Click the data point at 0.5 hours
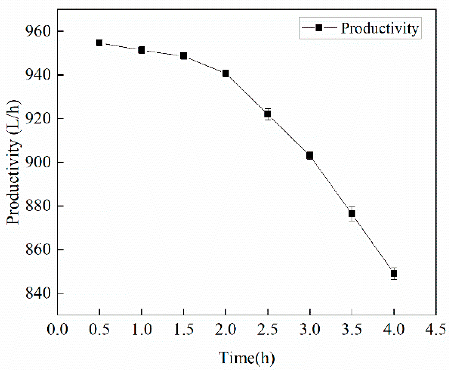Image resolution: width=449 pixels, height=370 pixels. (x=99, y=43)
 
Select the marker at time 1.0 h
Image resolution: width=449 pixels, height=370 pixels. (x=141, y=50)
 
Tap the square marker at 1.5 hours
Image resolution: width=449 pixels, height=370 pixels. (x=184, y=56)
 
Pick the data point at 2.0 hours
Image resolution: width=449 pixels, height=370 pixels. (x=226, y=73)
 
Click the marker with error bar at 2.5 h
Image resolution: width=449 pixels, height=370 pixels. (x=267, y=114)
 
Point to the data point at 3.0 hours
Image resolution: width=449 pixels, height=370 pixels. (x=310, y=156)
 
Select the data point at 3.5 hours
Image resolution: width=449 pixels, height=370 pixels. (x=352, y=214)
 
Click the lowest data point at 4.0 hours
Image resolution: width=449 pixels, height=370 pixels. (x=394, y=274)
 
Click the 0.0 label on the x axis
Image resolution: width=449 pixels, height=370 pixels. (x=57, y=330)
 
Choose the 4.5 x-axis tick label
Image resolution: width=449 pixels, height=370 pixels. (x=435, y=330)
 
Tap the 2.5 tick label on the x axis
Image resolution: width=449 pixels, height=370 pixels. (x=267, y=330)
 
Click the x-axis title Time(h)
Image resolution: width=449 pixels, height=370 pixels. (x=246, y=358)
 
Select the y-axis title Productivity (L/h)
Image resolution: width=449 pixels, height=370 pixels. (x=13, y=162)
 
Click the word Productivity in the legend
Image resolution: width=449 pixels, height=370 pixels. (x=380, y=28)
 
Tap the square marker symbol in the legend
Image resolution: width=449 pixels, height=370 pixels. (x=319, y=28)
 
